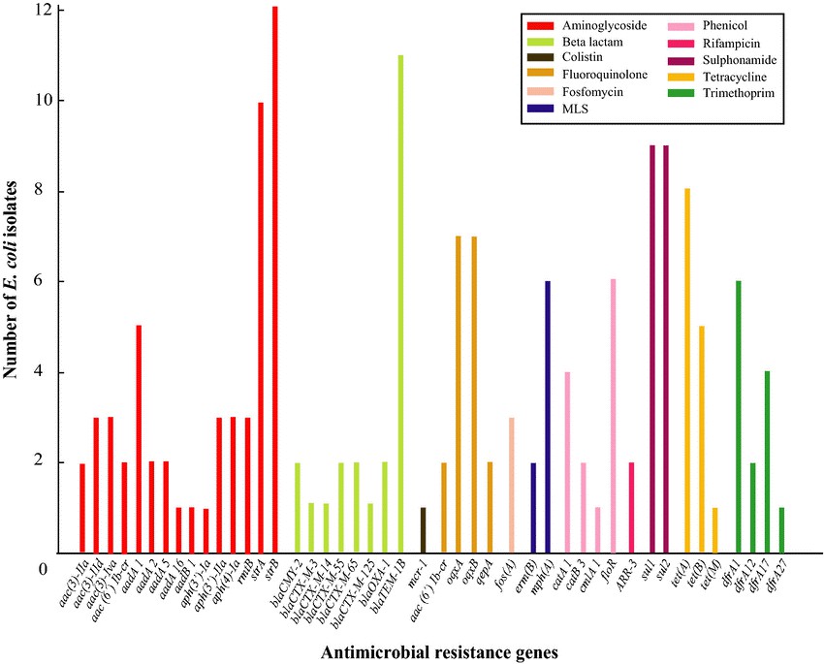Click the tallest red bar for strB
click(x=274, y=280)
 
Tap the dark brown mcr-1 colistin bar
click(x=423, y=529)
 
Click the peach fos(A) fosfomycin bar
click(x=511, y=485)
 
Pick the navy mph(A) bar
click(x=548, y=417)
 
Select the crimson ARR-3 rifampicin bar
click(x=632, y=507)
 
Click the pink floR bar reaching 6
click(x=613, y=416)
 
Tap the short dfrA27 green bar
click(x=781, y=529)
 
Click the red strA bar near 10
click(x=261, y=328)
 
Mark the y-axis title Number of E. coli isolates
click(x=14, y=281)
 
